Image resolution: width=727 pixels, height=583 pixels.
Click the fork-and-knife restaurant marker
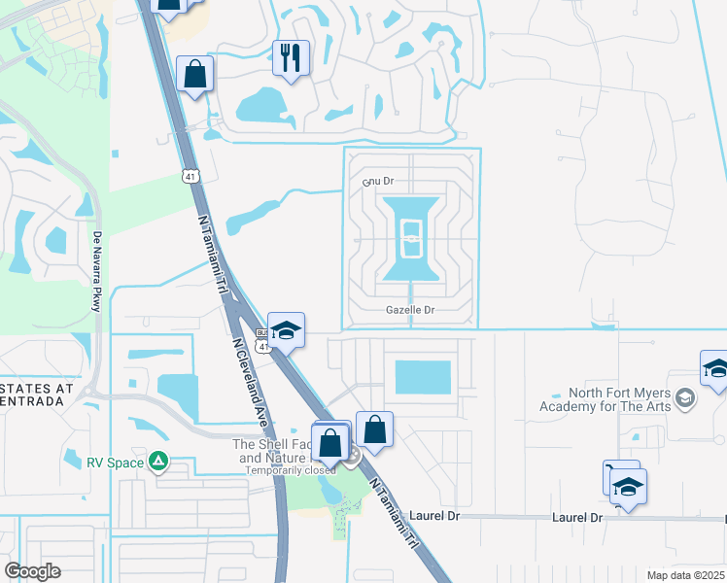pyautogui.click(x=291, y=57)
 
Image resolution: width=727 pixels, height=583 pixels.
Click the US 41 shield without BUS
pyautogui.click(x=190, y=175)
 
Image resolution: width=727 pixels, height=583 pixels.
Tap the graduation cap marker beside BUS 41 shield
pyautogui.click(x=287, y=330)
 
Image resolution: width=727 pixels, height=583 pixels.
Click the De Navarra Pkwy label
pyautogui.click(x=97, y=271)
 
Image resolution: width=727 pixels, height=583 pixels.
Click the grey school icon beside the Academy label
pyautogui.click(x=685, y=398)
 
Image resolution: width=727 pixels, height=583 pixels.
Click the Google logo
pyautogui.click(x=32, y=571)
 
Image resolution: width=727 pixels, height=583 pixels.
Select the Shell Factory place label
pyautogui.click(x=272, y=451)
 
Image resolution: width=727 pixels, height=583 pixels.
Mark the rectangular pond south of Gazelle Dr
pyautogui.click(x=424, y=378)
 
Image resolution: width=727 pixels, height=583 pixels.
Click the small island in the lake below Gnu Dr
pyautogui.click(x=412, y=238)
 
